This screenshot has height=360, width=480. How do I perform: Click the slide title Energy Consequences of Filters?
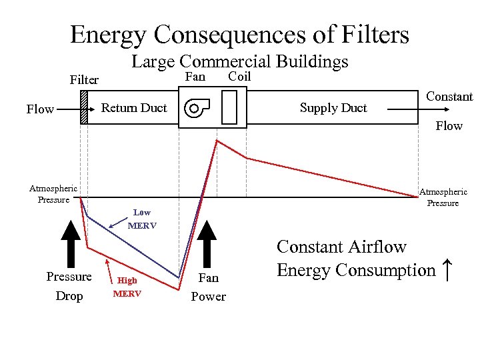pyautogui.click(x=239, y=34)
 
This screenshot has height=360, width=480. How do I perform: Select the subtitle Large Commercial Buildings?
pyautogui.click(x=239, y=62)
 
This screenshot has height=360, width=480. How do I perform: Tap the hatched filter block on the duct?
pyautogui.click(x=84, y=107)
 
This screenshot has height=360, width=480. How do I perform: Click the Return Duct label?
pyautogui.click(x=134, y=108)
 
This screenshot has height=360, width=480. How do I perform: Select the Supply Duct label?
pyautogui.click(x=333, y=108)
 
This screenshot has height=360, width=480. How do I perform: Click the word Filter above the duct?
pyautogui.click(x=84, y=80)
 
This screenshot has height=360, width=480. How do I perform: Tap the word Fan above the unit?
pyautogui.click(x=195, y=77)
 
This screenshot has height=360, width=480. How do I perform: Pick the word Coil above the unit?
pyautogui.click(x=239, y=77)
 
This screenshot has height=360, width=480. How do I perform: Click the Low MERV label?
pyautogui.click(x=142, y=219)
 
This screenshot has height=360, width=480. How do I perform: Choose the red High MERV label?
pyautogui.click(x=127, y=287)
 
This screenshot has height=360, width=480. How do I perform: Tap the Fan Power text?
pyautogui.click(x=208, y=287)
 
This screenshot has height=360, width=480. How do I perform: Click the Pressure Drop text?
pyautogui.click(x=69, y=286)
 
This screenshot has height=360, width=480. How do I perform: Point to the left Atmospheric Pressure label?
pyautogui.click(x=53, y=194)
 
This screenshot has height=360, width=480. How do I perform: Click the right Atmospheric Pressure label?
pyautogui.click(x=443, y=197)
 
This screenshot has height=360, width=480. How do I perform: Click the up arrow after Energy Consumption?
pyautogui.click(x=447, y=270)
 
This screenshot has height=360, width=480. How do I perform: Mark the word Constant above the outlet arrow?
pyautogui.click(x=449, y=97)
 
